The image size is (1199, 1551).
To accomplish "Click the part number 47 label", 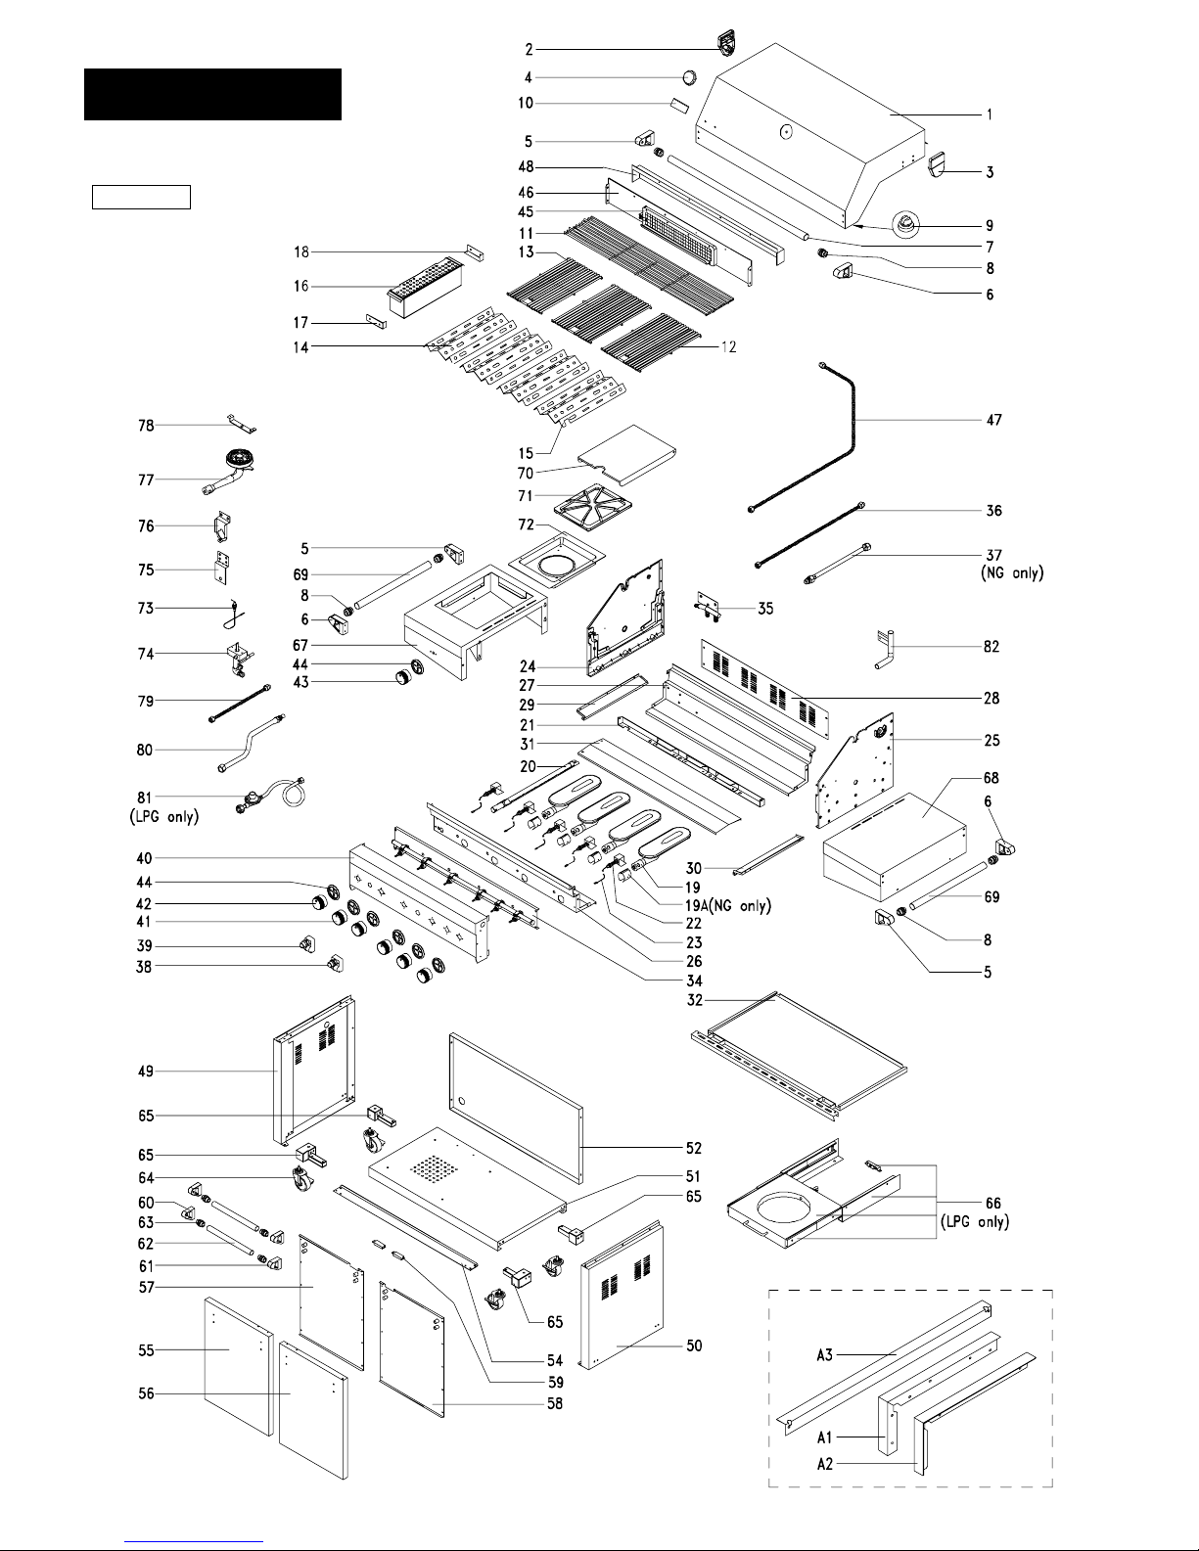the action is pyautogui.click(x=993, y=420).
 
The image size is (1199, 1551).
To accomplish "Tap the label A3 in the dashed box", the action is pyautogui.click(x=824, y=1354).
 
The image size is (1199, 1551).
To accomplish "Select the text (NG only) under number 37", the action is pyautogui.click(x=1012, y=572).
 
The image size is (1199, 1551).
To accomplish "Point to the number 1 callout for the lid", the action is pyautogui.click(x=990, y=114).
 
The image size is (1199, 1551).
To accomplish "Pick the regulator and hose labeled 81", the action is pyautogui.click(x=271, y=796).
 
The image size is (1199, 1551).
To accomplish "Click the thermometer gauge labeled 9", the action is pyautogui.click(x=906, y=224).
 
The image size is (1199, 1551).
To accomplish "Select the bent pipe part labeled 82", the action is pyautogui.click(x=885, y=650).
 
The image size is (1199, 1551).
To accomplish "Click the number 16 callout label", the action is pyautogui.click(x=301, y=286).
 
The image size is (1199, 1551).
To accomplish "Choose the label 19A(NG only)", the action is pyautogui.click(x=728, y=906).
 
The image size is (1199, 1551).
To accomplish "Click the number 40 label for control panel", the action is pyautogui.click(x=144, y=857).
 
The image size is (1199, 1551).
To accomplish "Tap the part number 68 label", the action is pyautogui.click(x=991, y=777).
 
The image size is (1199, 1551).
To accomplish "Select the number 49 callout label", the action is pyautogui.click(x=146, y=1071).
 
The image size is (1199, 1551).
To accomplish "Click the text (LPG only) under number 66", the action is pyautogui.click(x=975, y=1221).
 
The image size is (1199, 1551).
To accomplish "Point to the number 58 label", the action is pyautogui.click(x=555, y=1403).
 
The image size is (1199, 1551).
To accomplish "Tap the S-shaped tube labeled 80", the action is pyautogui.click(x=250, y=743).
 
